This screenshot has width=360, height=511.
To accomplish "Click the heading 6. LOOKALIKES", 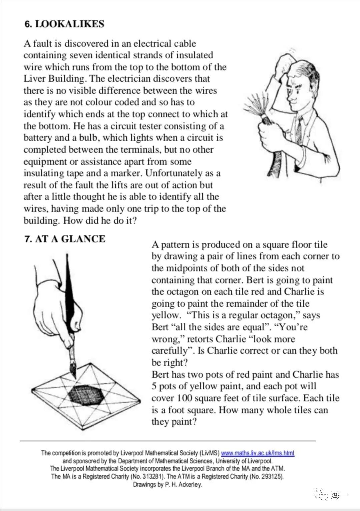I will click(64, 24).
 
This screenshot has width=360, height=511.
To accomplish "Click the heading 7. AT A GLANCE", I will click(65, 239).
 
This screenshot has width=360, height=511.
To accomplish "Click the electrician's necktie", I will click(299, 130).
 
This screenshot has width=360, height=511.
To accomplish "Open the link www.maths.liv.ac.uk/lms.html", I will click(257, 453).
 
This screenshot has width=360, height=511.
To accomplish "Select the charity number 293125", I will click(272, 476).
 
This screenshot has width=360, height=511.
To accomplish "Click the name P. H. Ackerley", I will click(183, 484).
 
